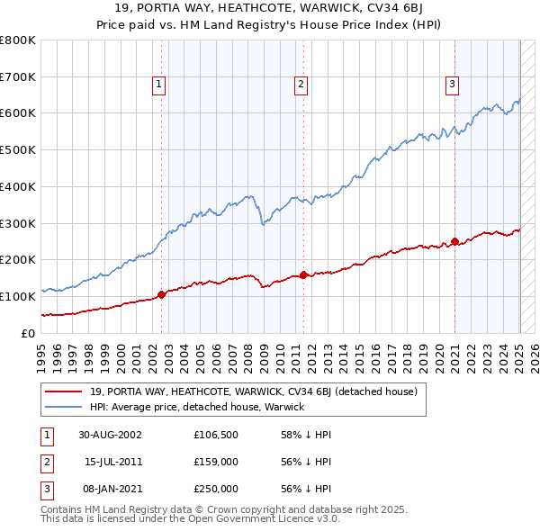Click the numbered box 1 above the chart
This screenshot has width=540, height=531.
158,85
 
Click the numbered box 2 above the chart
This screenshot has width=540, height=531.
300,85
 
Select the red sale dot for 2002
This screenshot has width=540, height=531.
162,293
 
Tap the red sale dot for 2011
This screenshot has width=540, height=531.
304,274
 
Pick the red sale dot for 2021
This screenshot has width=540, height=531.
455,241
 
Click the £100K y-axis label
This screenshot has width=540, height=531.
19,296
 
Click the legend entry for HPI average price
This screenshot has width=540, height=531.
197,407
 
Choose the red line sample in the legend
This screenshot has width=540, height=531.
65,392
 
